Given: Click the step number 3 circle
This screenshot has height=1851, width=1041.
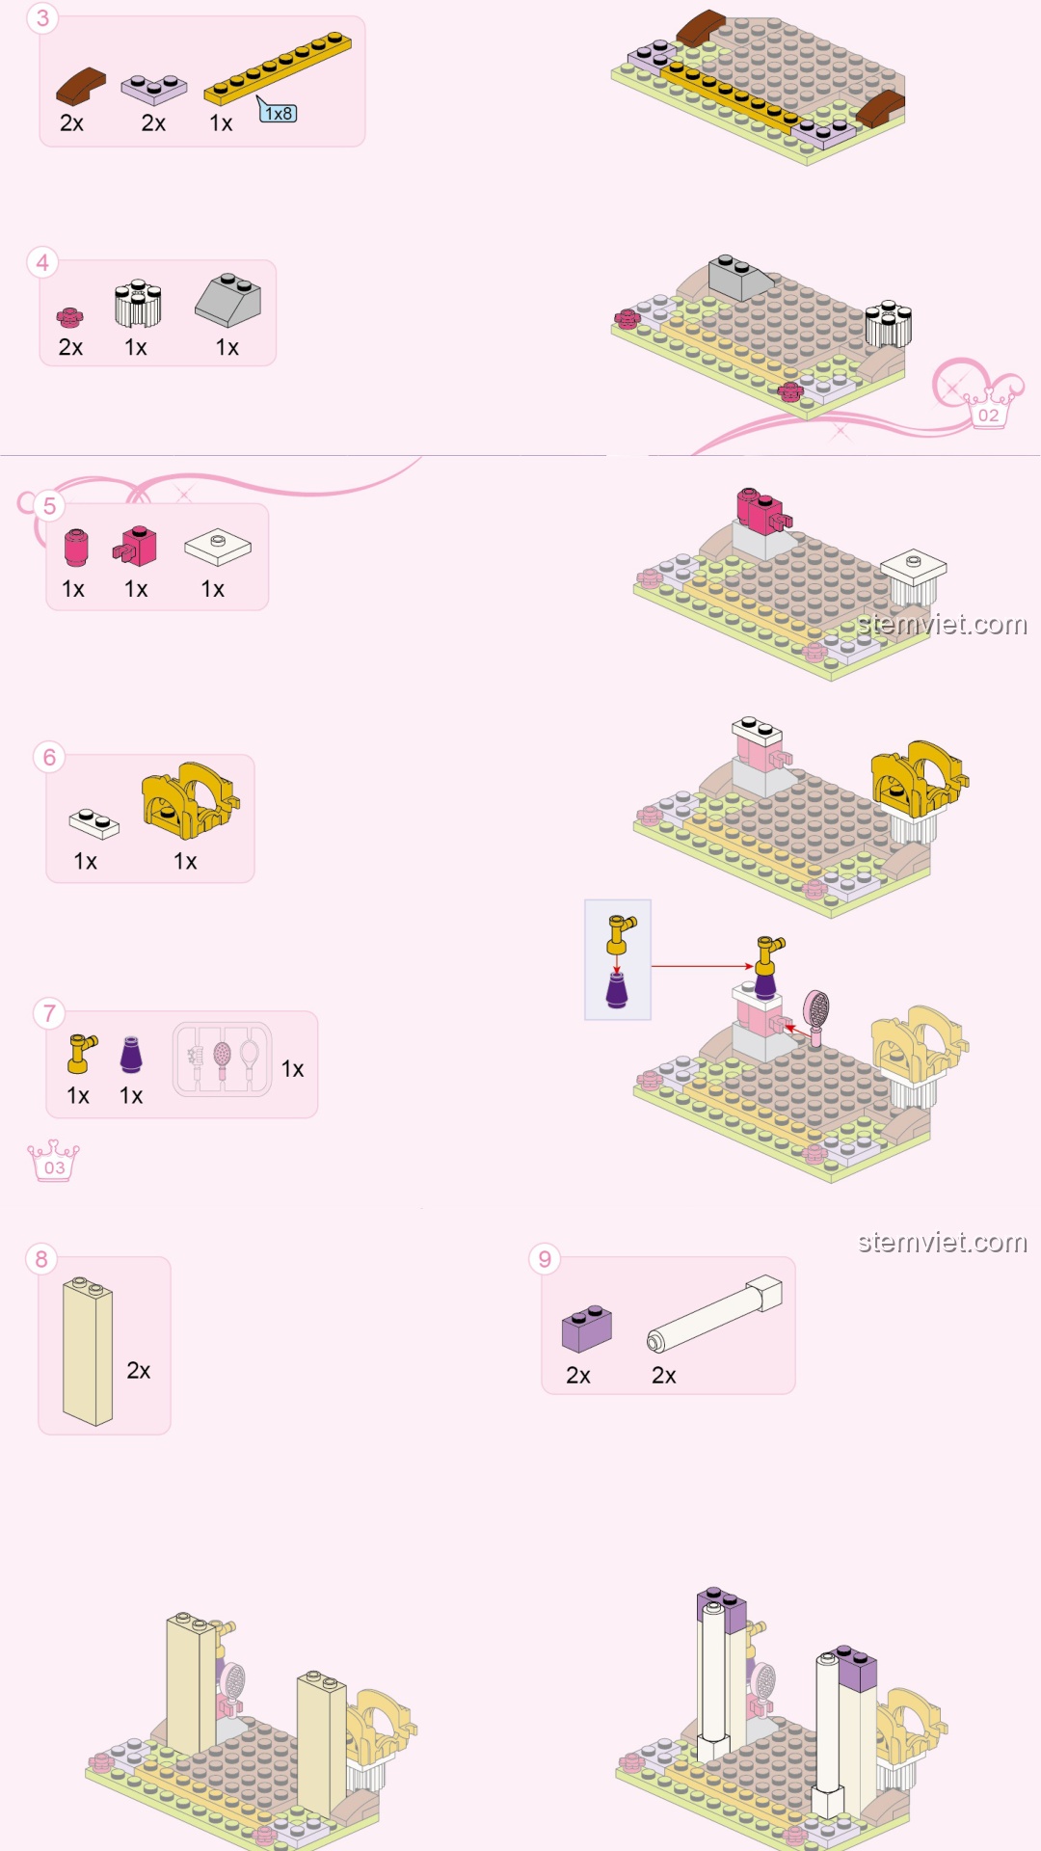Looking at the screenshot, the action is [42, 18].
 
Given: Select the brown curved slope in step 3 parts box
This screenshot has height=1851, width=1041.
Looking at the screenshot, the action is [81, 86].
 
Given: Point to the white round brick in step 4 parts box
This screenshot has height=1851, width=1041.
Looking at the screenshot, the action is [138, 304].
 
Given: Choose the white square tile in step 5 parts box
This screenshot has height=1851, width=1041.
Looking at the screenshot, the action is [218, 547].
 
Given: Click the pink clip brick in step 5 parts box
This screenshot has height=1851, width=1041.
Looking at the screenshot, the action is [135, 546].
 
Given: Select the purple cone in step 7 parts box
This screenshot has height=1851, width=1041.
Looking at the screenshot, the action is [131, 1055].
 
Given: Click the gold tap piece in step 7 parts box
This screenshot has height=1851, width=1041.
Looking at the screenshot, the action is [81, 1054].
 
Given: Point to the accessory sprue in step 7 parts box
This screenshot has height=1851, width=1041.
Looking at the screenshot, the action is [222, 1060].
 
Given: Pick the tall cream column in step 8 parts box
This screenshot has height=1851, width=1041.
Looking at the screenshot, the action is [88, 1351].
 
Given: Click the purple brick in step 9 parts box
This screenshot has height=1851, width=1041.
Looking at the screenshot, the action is [587, 1328].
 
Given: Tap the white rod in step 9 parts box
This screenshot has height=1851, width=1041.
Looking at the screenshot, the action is [714, 1314].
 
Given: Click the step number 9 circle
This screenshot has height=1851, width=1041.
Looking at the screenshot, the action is [545, 1259].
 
